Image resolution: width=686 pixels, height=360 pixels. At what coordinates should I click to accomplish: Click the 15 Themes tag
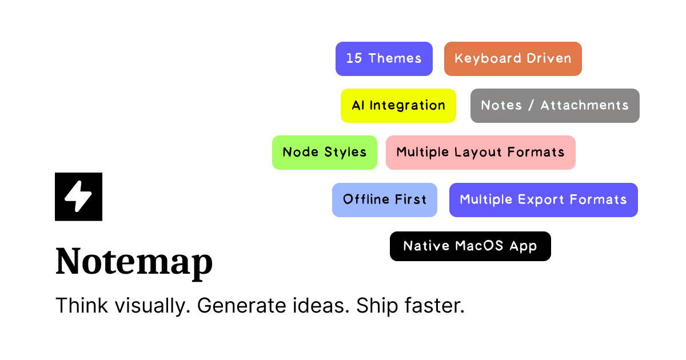[x=384, y=59]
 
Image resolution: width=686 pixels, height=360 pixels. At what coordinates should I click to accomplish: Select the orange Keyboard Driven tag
[x=513, y=59]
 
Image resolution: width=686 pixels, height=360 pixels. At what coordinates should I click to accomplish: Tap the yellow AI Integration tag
[x=398, y=106]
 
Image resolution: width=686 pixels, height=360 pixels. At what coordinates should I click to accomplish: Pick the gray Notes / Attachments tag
[x=555, y=106]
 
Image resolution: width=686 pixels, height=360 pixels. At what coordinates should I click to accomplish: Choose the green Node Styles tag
[x=325, y=153]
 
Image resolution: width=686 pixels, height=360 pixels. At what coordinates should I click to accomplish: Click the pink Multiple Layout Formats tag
[x=481, y=153]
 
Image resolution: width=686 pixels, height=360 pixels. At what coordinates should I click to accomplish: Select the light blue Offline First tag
[x=385, y=200]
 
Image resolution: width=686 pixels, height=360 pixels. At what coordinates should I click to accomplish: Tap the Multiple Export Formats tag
[x=544, y=200]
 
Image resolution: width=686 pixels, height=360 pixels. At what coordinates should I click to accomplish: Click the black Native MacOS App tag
[x=470, y=246]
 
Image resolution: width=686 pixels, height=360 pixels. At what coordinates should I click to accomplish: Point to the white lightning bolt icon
[x=78, y=196]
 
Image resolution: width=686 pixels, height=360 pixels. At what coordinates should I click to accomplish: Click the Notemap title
[x=134, y=262]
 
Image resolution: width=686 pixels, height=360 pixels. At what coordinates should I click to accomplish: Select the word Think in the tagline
[x=82, y=306]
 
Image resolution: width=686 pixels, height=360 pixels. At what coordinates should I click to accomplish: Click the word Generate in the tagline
[x=241, y=306]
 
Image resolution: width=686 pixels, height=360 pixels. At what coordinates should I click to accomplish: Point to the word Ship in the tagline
[x=377, y=306]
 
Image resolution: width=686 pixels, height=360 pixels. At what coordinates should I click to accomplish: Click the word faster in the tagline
[x=434, y=306]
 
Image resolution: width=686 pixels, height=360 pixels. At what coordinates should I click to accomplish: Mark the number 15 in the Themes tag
[x=354, y=58]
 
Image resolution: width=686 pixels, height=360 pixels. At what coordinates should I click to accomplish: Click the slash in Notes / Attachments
[x=531, y=105]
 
